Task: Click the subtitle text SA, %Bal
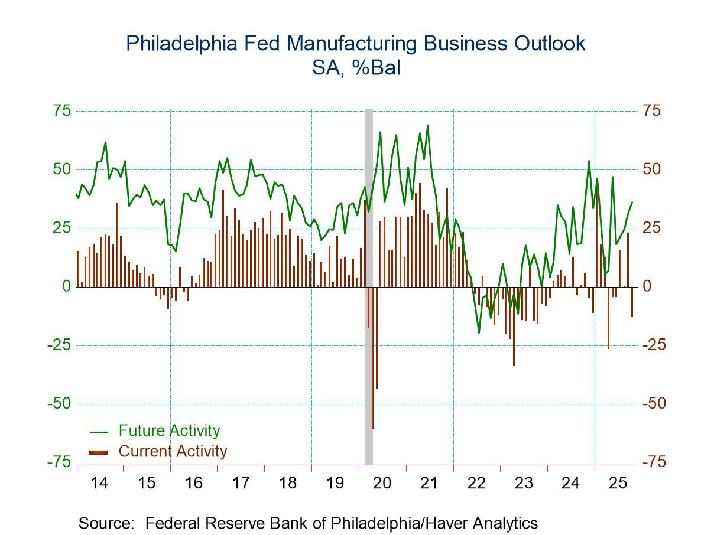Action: coord(356,68)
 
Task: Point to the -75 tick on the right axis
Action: coord(654,462)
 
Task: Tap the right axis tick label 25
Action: coord(653,228)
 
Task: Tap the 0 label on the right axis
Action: coord(649,286)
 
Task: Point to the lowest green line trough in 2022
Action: coord(479,332)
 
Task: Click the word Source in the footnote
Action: coord(104,523)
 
